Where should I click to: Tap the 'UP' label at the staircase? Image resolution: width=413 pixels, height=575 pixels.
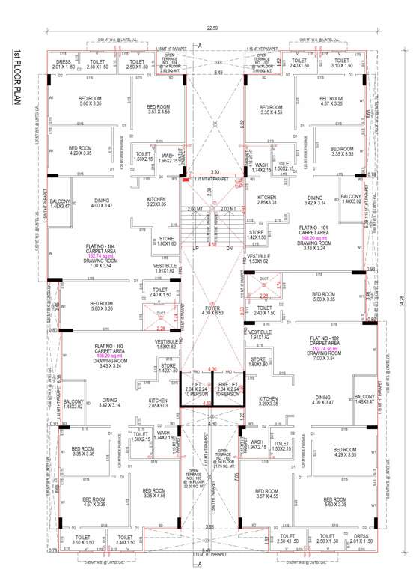click(x=196, y=247)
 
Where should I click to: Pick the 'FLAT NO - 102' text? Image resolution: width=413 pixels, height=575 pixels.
click(x=326, y=338)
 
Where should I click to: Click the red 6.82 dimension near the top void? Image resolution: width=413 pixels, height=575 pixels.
click(x=240, y=124)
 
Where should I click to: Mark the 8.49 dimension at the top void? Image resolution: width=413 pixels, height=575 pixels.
click(x=217, y=73)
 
